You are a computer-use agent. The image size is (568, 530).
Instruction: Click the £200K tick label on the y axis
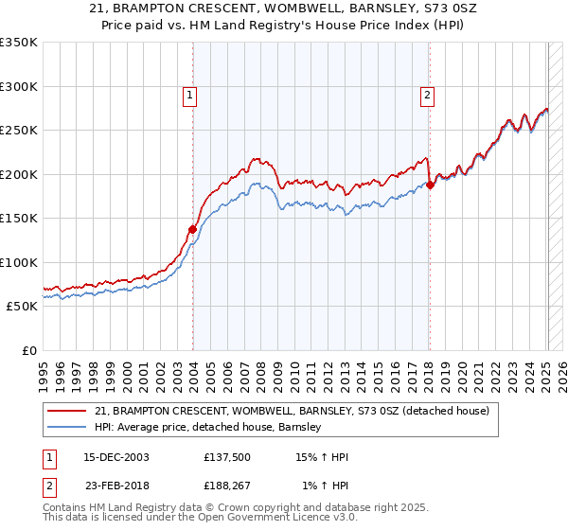coord(19,174)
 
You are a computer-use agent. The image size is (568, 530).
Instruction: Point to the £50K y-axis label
coord(22,307)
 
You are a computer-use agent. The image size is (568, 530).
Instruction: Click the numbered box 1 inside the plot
coord(190,95)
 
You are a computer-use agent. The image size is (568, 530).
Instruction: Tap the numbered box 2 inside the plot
coord(428,95)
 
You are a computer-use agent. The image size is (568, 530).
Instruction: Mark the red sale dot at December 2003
coord(193,229)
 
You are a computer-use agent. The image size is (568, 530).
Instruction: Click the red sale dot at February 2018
coord(431,185)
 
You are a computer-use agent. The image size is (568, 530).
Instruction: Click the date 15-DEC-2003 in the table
coord(116,458)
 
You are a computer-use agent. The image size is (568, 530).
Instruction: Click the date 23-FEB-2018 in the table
coord(116,486)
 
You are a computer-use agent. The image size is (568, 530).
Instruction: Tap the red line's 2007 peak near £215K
coord(257,159)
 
